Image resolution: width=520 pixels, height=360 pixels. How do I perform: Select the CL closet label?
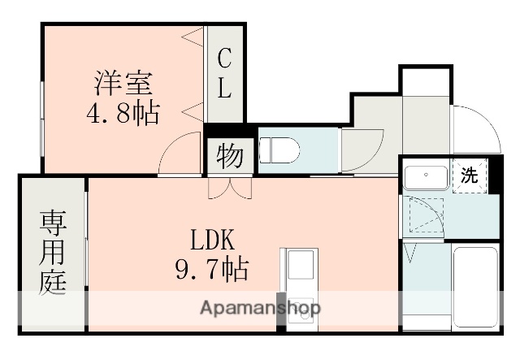pyautogui.click(x=225, y=73)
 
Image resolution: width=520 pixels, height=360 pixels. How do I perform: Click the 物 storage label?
pyautogui.click(x=230, y=156)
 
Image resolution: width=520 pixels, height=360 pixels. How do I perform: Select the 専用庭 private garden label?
pyautogui.click(x=52, y=252)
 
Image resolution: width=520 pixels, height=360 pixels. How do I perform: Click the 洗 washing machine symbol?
pyautogui.click(x=470, y=173)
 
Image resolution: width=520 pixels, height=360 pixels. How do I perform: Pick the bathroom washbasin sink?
pyautogui.click(x=425, y=176)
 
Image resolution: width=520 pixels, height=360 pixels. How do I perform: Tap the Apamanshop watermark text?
pyautogui.click(x=259, y=308)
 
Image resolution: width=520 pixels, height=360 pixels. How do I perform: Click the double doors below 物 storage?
pyautogui.click(x=230, y=188)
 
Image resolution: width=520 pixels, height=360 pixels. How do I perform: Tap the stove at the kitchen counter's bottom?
pyautogui.click(x=297, y=317)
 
